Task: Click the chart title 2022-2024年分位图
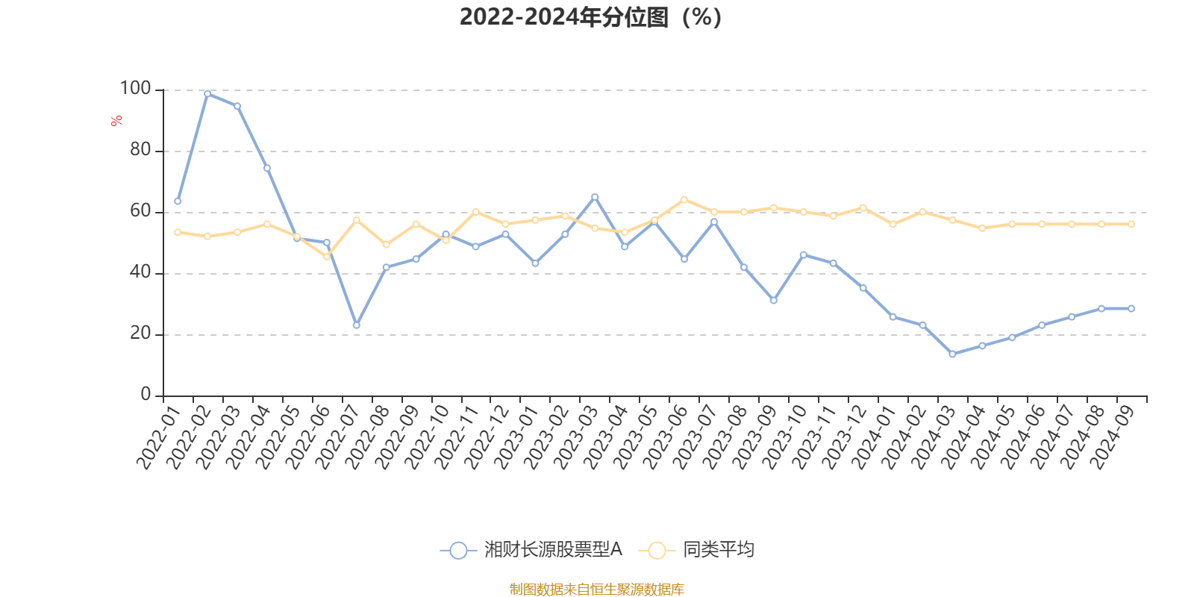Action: click(590, 16)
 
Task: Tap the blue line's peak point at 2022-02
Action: click(207, 93)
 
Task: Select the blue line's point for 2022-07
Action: click(357, 325)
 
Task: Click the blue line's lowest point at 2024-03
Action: click(952, 354)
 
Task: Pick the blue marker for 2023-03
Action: click(595, 197)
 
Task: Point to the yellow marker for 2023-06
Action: click(684, 199)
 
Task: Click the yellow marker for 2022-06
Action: click(327, 257)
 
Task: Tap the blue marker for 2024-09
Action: click(1131, 308)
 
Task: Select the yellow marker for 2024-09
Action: click(1131, 224)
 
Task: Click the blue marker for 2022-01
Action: click(178, 201)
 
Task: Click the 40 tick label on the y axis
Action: click(140, 272)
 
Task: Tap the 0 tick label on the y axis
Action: click(146, 395)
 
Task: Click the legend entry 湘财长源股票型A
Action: click(552, 550)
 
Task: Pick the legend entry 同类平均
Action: click(718, 550)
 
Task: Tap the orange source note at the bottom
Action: click(596, 590)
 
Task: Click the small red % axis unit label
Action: click(116, 121)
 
